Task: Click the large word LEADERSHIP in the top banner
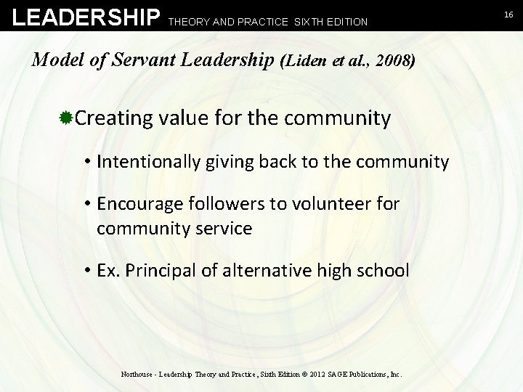point(86,17)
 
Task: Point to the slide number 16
point(509,14)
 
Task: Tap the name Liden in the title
point(306,60)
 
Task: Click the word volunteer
point(329,204)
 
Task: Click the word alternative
point(261,271)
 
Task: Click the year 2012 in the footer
point(317,375)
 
